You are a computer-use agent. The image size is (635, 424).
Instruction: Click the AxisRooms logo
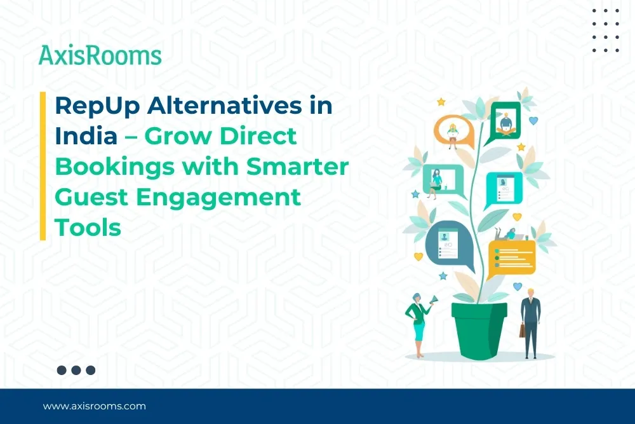point(100,55)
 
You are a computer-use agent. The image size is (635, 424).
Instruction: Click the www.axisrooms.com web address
point(94,406)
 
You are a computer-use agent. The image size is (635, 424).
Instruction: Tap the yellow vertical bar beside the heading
point(43,166)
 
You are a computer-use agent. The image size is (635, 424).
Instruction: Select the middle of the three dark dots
point(76,370)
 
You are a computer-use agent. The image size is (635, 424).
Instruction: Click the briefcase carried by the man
point(522,330)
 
